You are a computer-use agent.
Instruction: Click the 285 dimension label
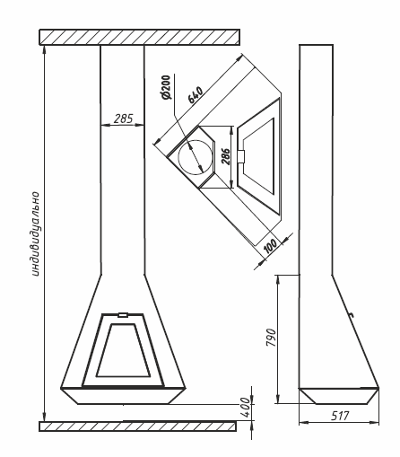(x=123, y=119)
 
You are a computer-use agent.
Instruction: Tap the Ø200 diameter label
(x=165, y=87)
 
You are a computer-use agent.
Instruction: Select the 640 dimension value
(x=196, y=94)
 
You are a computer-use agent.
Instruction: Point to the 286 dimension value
(x=226, y=156)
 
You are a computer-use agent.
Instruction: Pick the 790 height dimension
(x=271, y=338)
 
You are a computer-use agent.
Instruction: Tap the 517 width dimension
(x=340, y=416)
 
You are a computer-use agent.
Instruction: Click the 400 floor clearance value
(x=246, y=408)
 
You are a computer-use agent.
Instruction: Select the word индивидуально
(x=35, y=233)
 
